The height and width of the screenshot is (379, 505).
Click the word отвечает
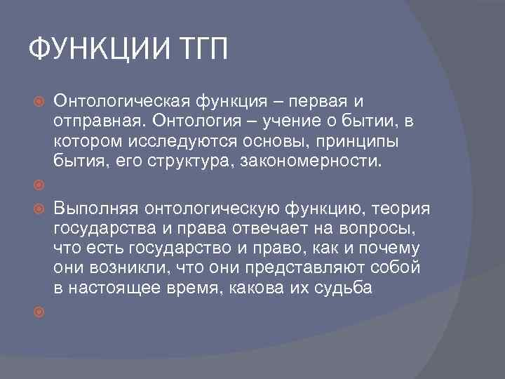click(264, 229)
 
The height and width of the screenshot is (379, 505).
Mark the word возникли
click(124, 268)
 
